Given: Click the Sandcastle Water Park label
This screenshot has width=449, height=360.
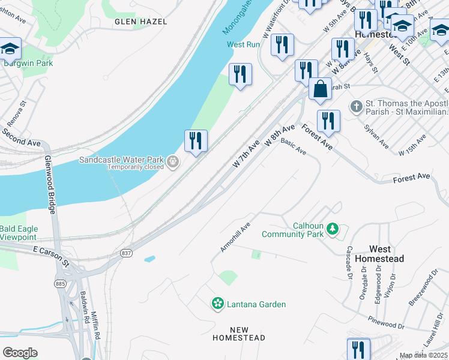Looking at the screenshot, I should tap(123, 160).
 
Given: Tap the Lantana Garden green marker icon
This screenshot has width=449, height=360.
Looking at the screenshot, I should tap(218, 304).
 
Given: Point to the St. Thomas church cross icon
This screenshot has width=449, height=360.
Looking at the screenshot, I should tap(356, 107).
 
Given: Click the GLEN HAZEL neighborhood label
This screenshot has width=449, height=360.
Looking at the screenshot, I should tap(138, 21).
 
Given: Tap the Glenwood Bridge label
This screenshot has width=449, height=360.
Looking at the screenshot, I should tap(50, 184).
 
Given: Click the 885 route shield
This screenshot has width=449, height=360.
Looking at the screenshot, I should tap(60, 283).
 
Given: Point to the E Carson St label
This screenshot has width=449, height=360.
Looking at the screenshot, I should tap(52, 256).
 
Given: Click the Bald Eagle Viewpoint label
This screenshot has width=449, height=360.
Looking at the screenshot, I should tap(19, 233).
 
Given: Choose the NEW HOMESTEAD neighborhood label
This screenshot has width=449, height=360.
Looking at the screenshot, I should tap(238, 334).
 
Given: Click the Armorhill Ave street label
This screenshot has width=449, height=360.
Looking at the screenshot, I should tap(235, 238).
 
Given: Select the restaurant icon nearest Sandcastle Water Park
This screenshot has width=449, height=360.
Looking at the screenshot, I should tap(196, 142).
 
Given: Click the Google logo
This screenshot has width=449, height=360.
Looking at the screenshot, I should tap(20, 353).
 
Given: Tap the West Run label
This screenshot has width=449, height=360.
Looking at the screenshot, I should tap(243, 44).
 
